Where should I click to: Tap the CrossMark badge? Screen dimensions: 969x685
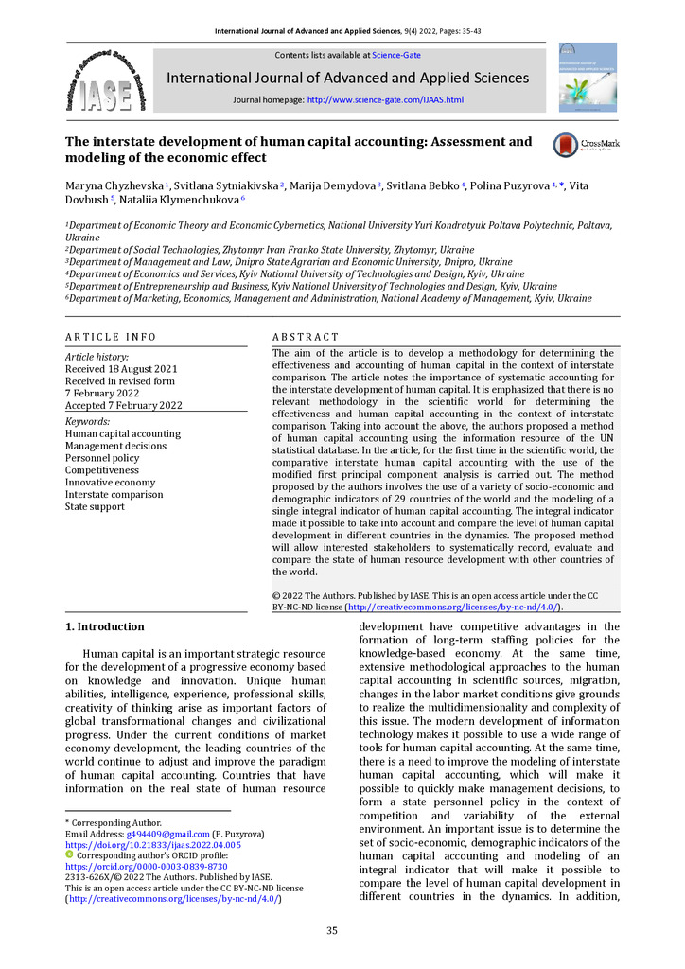coord(581,145)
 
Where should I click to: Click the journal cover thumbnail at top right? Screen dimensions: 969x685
coord(587,77)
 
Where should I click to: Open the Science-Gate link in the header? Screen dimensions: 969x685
coord(396,55)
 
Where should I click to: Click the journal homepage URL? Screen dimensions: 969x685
coord(385,99)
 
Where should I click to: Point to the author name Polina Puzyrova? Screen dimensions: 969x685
coord(510,185)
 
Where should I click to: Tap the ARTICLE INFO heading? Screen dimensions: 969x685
coord(111,337)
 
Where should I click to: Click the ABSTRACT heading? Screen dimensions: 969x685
coord(305,337)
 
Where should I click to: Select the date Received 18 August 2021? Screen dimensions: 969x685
coord(120,368)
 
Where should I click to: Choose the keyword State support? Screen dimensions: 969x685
coord(95,507)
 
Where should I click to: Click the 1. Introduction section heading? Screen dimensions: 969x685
coord(104,626)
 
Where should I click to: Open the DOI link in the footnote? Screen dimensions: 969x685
coord(152,844)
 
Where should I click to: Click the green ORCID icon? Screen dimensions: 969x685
coord(69,855)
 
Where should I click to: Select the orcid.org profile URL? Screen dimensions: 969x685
coord(146,866)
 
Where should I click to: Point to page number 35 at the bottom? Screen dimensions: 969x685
coord(332,931)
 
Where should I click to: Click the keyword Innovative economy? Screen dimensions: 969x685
coord(110,483)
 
